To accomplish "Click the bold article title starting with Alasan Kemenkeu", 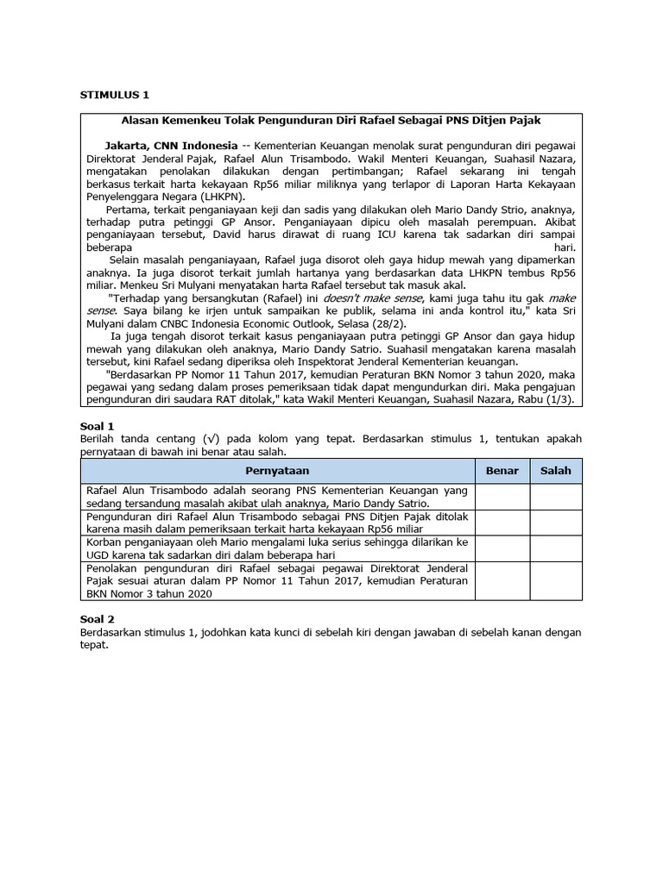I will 331,120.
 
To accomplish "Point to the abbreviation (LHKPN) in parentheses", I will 197,196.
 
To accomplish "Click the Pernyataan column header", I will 277,470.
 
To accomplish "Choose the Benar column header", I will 502,470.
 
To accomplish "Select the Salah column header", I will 556,470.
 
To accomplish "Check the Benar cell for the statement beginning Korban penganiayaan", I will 502,548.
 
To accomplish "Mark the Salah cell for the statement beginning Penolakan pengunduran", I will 556,580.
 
